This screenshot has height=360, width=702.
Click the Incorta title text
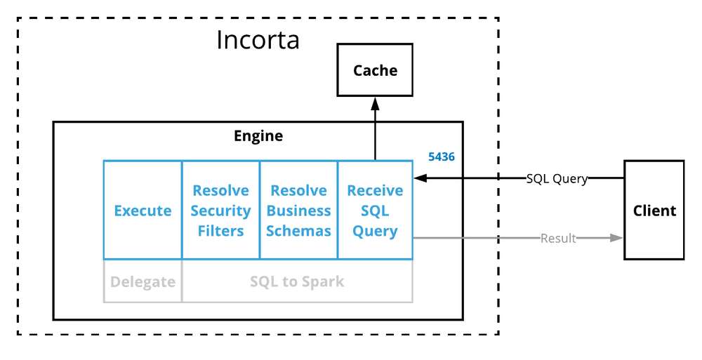click(258, 39)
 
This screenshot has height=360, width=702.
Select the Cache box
click(375, 70)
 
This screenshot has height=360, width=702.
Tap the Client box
click(654, 210)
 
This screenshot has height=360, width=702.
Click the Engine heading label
click(258, 135)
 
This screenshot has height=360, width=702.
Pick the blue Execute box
click(143, 210)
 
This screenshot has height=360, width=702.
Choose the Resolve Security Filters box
click(220, 210)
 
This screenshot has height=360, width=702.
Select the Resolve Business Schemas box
click(298, 210)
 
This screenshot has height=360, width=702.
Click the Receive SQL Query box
click(375, 210)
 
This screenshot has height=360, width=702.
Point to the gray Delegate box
click(143, 281)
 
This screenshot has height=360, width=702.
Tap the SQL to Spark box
click(297, 281)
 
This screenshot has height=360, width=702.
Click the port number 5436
click(442, 156)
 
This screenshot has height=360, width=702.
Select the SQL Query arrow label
click(557, 179)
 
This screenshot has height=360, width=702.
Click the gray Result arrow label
click(558, 238)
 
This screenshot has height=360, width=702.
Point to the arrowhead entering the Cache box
click(375, 103)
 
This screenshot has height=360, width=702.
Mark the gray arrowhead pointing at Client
click(617, 238)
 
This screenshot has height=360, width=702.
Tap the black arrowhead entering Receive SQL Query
click(420, 178)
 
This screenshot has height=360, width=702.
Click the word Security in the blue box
click(220, 211)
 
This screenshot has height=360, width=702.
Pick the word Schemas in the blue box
click(298, 231)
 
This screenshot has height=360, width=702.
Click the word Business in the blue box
click(298, 211)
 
